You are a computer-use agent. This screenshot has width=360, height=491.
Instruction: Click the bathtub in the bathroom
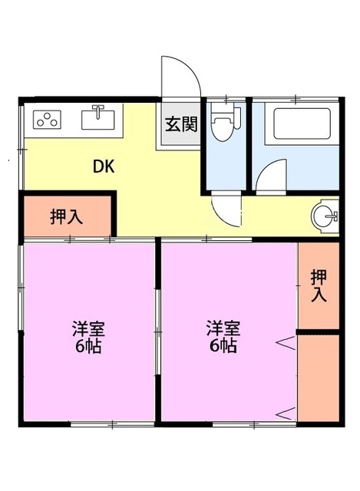click(x=296, y=124)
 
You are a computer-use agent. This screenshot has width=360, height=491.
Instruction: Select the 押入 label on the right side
click(x=318, y=286)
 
